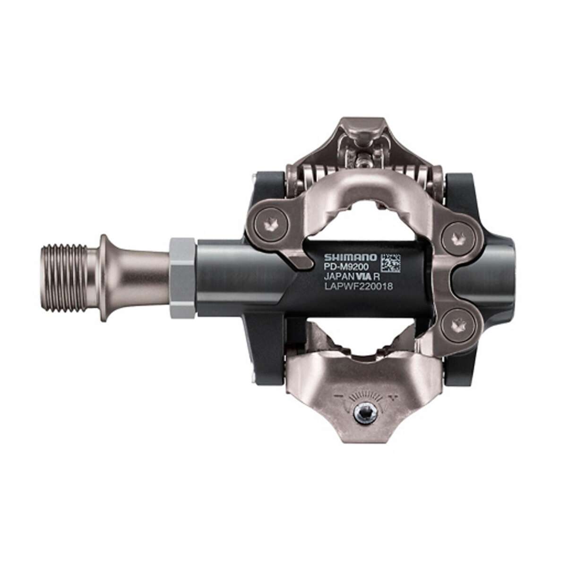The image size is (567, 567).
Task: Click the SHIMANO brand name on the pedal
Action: point(350,258)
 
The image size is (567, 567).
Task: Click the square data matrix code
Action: point(390,263)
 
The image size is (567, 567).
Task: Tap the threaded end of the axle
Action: point(64,278)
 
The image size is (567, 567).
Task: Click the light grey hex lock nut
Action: point(182,278)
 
